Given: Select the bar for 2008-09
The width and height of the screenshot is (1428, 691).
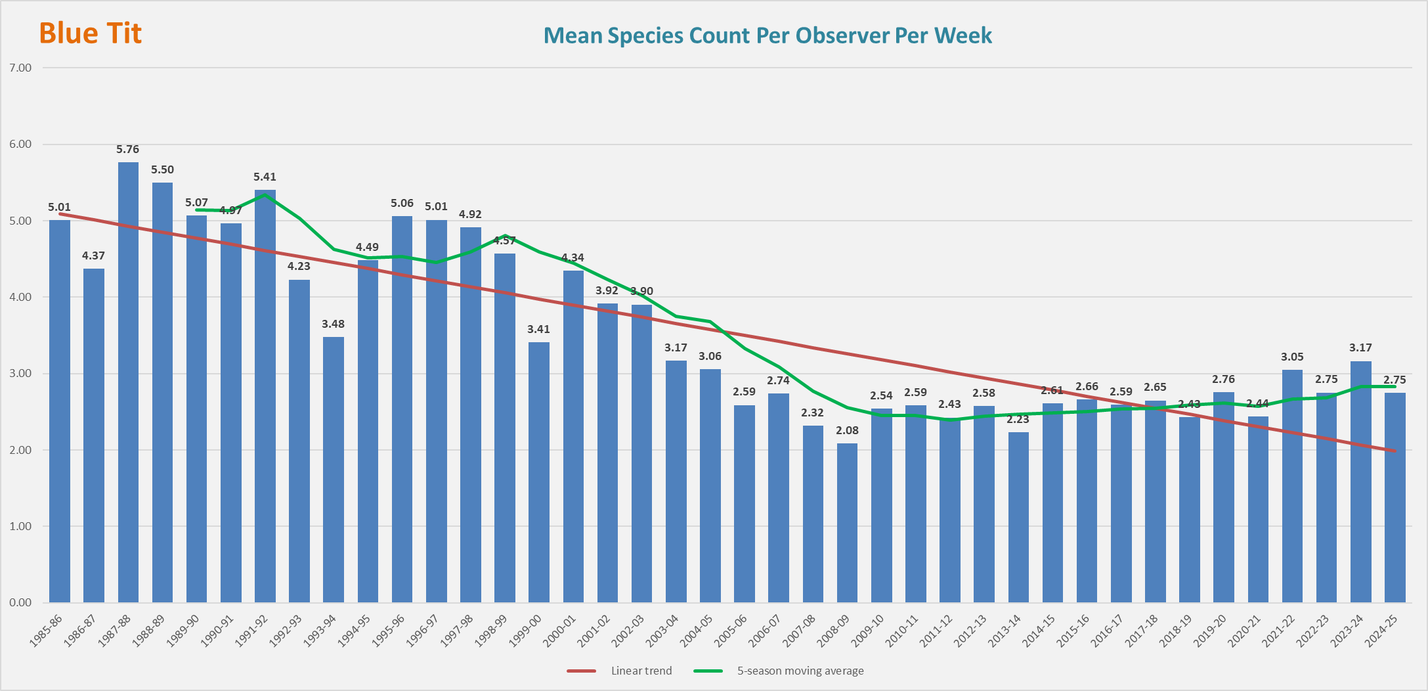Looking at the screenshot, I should tap(847, 523).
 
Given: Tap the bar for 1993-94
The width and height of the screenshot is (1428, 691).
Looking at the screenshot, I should tap(334, 470).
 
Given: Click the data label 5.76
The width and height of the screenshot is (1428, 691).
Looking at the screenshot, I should tap(128, 150).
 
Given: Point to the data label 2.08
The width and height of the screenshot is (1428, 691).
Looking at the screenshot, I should tap(847, 431).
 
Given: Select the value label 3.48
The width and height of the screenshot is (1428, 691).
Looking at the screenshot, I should tap(334, 324).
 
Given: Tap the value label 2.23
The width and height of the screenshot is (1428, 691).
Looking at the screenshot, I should tap(1018, 420).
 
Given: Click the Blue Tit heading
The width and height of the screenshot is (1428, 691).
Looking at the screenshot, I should tap(91, 33).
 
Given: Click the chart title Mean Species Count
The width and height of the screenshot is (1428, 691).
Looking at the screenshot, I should tap(768, 35).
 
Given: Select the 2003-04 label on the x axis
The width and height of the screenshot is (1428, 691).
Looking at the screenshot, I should tap(663, 630).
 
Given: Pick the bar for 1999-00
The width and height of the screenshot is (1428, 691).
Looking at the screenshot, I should tap(539, 472).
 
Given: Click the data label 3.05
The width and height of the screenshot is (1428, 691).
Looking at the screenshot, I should tap(1292, 357).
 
